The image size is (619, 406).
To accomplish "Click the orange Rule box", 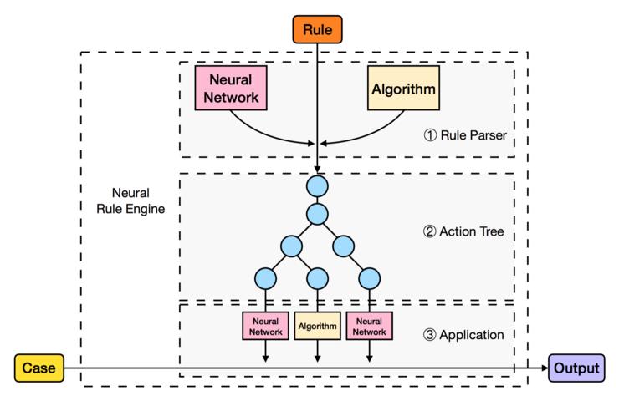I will point(318,31).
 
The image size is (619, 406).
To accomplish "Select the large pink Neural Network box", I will point(230,88).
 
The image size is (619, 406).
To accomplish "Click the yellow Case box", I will point(38,368).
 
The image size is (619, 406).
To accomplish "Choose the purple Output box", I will point(575,368).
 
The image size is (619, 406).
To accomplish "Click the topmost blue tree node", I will point(318,185).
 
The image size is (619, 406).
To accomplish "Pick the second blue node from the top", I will point(318,214).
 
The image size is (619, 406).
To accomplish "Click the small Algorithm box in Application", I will point(318,326).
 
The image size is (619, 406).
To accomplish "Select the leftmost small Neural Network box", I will point(265,326).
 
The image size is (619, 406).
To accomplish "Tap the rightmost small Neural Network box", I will point(370,326).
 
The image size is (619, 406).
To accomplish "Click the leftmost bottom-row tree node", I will point(265,277).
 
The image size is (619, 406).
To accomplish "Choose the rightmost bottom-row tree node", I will point(370,277).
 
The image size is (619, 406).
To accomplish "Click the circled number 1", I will point(430,133).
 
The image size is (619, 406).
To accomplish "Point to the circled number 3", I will point(430,335).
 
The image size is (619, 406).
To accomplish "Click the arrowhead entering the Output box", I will point(543,368).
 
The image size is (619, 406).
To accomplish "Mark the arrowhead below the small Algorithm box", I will point(318,359).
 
